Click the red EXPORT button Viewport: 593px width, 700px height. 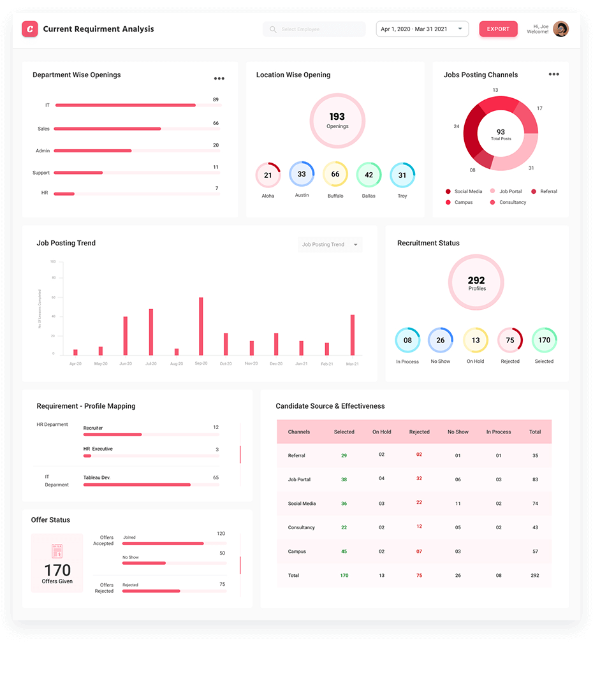point(498,29)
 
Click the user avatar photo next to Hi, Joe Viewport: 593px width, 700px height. point(560,29)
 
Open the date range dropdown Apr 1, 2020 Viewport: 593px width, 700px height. point(422,29)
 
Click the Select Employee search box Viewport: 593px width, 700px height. point(314,29)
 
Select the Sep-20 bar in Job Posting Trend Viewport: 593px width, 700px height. point(201,326)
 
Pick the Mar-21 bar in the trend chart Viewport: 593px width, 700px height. point(352,335)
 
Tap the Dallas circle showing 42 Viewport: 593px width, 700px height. point(369,175)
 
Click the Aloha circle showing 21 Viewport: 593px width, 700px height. point(268,175)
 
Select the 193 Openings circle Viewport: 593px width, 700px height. point(337,120)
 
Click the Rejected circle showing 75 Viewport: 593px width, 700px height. point(509,340)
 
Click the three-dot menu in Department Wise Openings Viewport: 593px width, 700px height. point(219,78)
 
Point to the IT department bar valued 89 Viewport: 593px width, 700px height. point(126,105)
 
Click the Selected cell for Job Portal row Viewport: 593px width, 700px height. point(344,479)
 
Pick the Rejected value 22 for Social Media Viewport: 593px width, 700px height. point(419,503)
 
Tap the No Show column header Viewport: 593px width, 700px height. point(458,432)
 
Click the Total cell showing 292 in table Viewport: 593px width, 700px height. point(535,575)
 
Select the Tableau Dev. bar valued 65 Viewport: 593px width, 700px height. point(136,485)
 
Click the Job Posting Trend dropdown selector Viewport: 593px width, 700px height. point(329,245)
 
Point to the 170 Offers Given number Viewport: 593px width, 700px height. point(57,570)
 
